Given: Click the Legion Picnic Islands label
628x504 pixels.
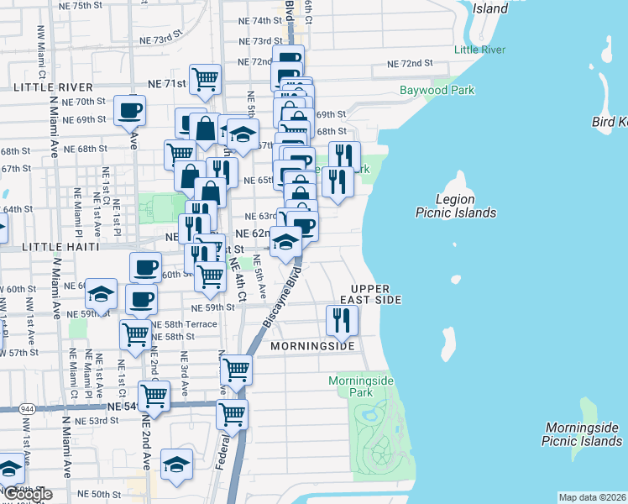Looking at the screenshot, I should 456,206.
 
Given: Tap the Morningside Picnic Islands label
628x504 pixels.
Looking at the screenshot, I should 582,433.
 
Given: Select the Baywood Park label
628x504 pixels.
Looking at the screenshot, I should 437,90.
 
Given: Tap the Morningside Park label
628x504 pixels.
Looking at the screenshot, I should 361,386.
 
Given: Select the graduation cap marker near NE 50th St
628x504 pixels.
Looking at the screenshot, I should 177,465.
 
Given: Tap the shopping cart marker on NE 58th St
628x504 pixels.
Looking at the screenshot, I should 136,334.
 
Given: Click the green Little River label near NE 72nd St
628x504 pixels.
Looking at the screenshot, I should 479,50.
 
